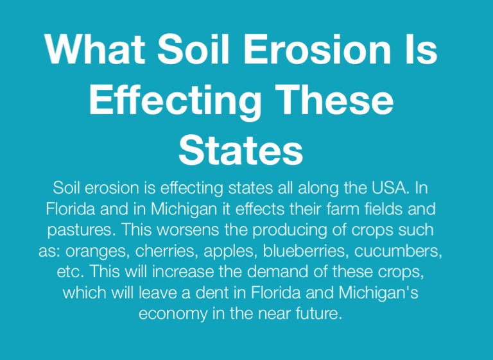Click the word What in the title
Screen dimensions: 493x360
(x=95, y=49)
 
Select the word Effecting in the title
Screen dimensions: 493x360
(x=175, y=101)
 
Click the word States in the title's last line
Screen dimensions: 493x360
(x=241, y=150)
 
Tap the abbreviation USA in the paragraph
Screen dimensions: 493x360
(x=390, y=188)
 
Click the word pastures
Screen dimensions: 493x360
(x=82, y=230)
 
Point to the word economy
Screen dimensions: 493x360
(x=173, y=314)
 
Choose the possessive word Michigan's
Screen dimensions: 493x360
(x=379, y=293)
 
